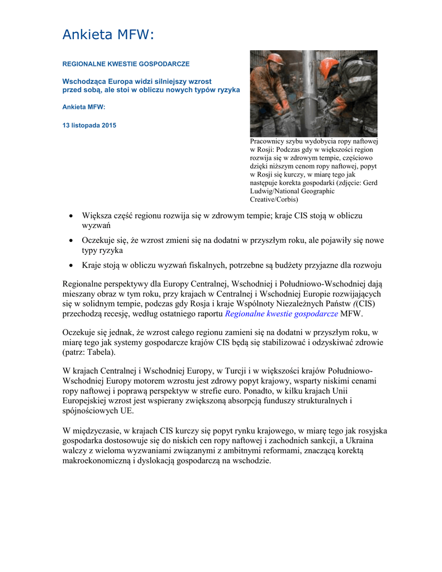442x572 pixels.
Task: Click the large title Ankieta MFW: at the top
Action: [x=107, y=35]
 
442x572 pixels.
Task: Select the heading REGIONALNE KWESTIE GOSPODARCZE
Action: [x=126, y=64]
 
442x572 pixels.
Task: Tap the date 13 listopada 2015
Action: [x=89, y=126]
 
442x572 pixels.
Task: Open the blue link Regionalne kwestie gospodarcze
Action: [x=281, y=314]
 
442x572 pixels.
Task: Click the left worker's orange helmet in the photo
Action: [x=274, y=59]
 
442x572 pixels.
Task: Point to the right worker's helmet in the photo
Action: [x=329, y=67]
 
